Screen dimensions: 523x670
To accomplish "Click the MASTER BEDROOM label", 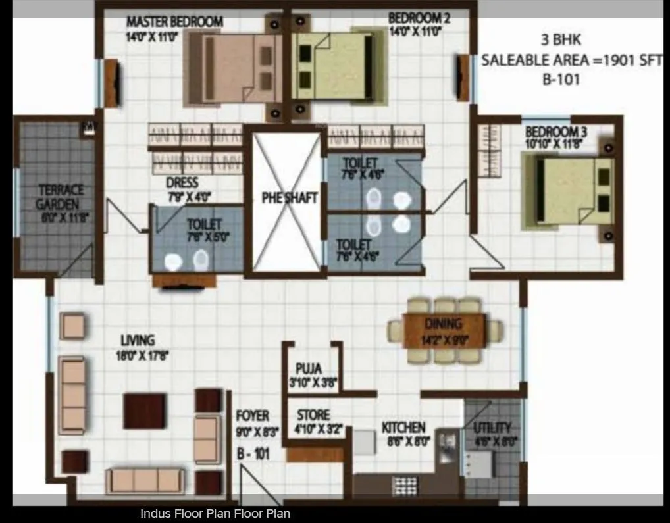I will click(174, 22).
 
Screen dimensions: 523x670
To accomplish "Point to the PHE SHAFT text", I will click(290, 197).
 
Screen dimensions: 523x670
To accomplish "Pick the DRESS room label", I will click(182, 182).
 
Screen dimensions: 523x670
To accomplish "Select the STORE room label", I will click(313, 415).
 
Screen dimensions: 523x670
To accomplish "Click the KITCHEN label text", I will click(403, 428).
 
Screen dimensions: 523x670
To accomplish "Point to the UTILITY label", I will click(492, 428).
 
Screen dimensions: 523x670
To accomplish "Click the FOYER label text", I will click(253, 416).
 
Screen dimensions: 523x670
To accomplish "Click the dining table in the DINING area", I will click(444, 330).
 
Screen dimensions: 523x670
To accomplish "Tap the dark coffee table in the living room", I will click(144, 411).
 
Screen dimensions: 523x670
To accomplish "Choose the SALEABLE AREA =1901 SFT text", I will click(571, 61).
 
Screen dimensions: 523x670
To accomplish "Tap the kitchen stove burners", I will click(401, 485).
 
